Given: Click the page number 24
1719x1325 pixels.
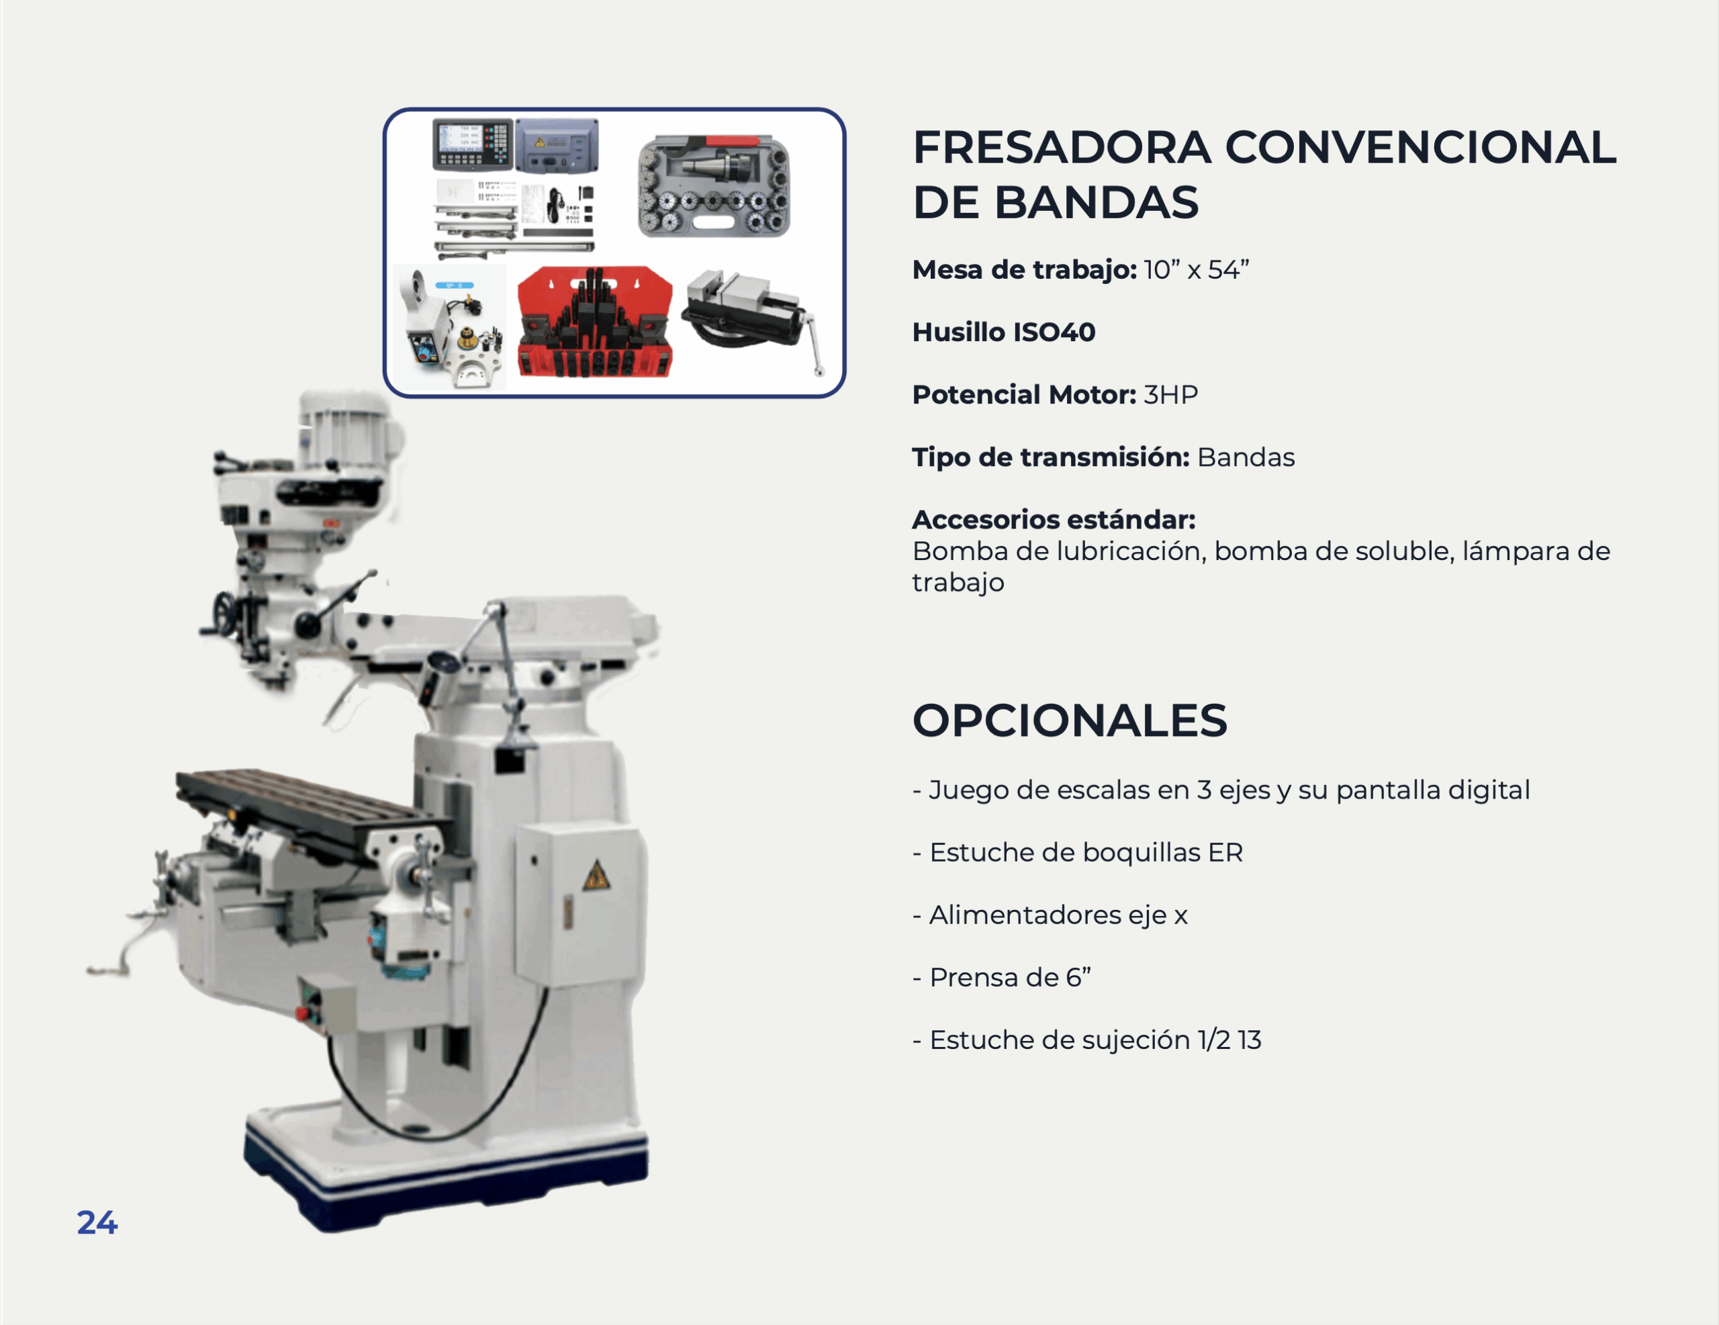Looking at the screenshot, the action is [97, 1223].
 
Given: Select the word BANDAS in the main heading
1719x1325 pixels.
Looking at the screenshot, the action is [1097, 202].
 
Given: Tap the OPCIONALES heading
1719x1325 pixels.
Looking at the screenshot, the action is [1070, 721].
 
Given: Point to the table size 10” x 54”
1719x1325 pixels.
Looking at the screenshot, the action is [1197, 269].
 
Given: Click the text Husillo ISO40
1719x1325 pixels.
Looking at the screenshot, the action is [1004, 332].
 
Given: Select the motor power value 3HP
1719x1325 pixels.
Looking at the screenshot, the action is [1170, 394].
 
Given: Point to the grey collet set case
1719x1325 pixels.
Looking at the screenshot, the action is [714, 186].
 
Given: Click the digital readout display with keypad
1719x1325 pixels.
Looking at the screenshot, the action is [473, 145].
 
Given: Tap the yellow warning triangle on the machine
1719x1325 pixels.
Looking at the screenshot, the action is [596, 876].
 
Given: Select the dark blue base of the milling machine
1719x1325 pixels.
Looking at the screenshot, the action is [445, 1173].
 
